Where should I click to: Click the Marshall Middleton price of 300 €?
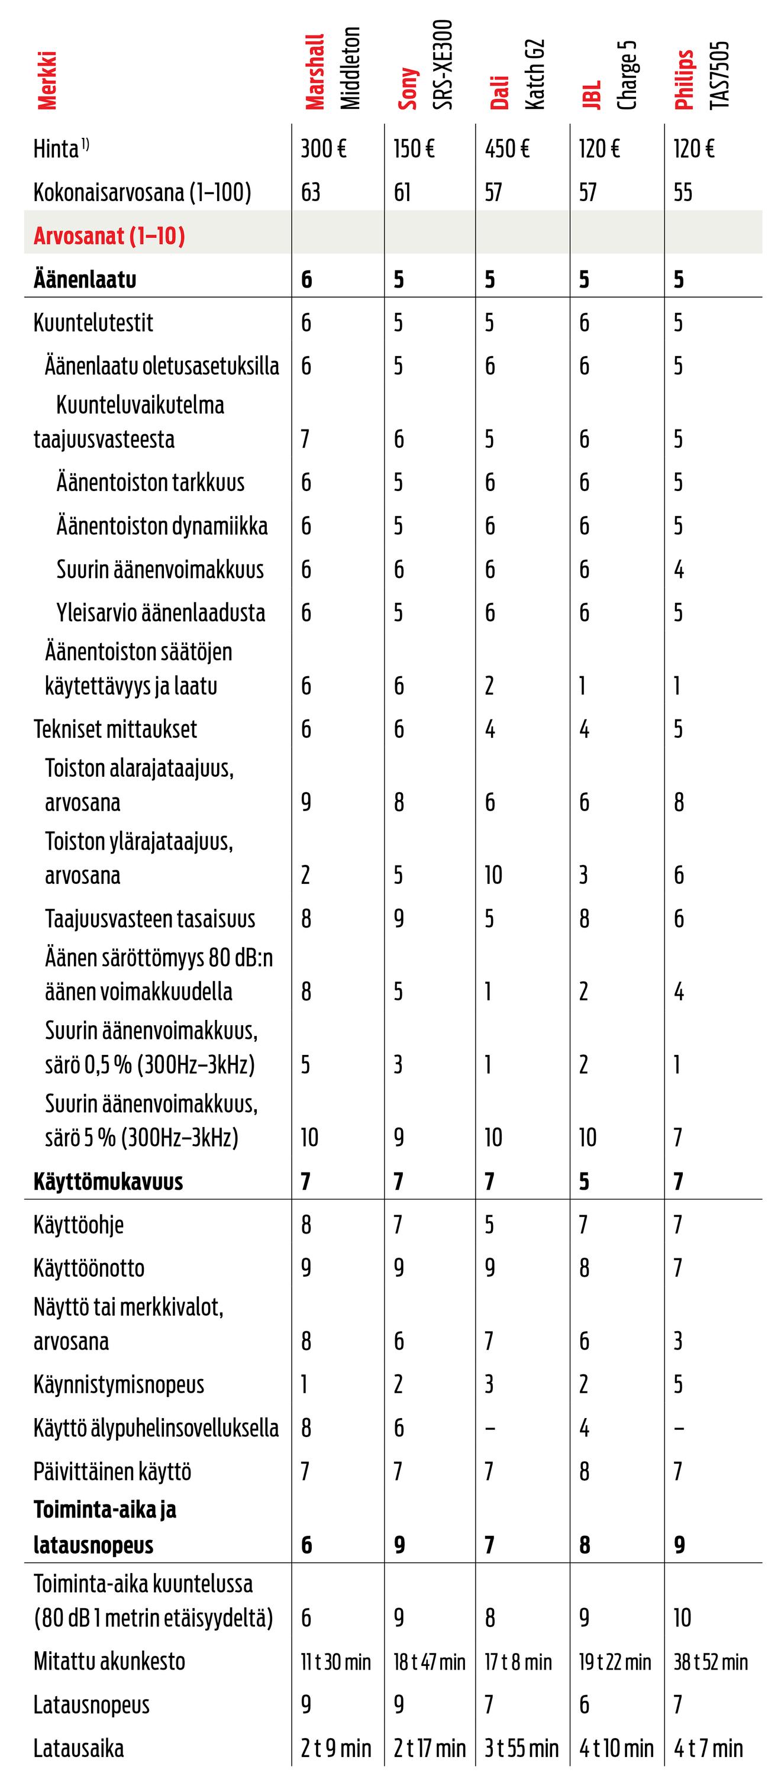click(324, 149)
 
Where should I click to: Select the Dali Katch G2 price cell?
click(507, 149)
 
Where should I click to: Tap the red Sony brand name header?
click(408, 89)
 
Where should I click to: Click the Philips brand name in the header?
click(685, 80)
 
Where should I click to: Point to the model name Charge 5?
click(627, 75)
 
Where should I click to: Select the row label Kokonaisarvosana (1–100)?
click(142, 192)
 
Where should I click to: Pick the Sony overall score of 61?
click(402, 192)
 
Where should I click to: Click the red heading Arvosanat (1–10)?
click(109, 236)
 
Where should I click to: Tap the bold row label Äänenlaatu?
click(85, 280)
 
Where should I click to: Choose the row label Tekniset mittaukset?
click(115, 729)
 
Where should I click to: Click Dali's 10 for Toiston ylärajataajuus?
click(493, 875)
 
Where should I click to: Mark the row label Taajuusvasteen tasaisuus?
click(150, 919)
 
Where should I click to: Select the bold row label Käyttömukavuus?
click(108, 1181)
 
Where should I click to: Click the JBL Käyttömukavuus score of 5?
click(584, 1181)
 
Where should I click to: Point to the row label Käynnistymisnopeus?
click(119, 1384)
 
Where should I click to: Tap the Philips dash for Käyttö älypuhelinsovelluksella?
click(679, 1429)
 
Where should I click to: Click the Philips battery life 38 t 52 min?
click(711, 1662)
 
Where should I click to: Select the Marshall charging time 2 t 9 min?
click(336, 1749)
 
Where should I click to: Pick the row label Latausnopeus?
click(92, 1705)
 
